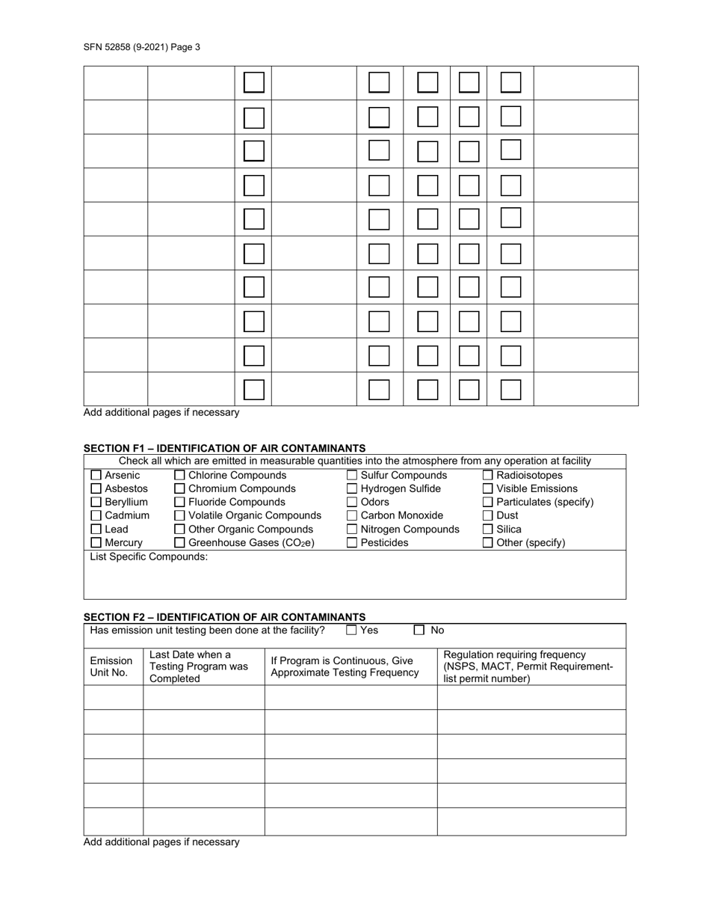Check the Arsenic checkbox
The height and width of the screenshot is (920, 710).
(x=96, y=476)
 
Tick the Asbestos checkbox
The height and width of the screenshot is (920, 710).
(x=96, y=489)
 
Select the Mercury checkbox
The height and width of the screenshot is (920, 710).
(x=96, y=543)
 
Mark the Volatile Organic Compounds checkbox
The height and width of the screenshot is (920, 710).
(x=179, y=516)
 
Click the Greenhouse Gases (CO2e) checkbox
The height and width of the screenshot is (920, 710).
(x=179, y=543)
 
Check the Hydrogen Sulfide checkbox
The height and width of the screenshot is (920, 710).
(x=352, y=489)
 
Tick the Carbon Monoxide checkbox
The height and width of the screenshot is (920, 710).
(x=352, y=516)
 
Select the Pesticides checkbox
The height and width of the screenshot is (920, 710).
(x=352, y=543)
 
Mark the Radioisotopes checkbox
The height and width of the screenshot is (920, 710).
(x=488, y=476)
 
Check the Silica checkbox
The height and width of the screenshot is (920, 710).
(x=488, y=530)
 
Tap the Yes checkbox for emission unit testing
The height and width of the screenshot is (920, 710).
(x=351, y=631)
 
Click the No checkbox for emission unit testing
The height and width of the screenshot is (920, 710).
(x=419, y=631)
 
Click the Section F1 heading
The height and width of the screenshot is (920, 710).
(x=224, y=448)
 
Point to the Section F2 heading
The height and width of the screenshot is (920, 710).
(x=224, y=617)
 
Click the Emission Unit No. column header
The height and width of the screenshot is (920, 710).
(x=111, y=666)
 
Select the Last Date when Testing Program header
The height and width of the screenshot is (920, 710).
(x=199, y=666)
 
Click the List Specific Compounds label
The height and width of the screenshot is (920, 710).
(x=149, y=557)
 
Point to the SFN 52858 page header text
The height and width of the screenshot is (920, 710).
(x=142, y=47)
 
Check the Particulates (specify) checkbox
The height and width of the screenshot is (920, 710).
(x=488, y=503)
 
